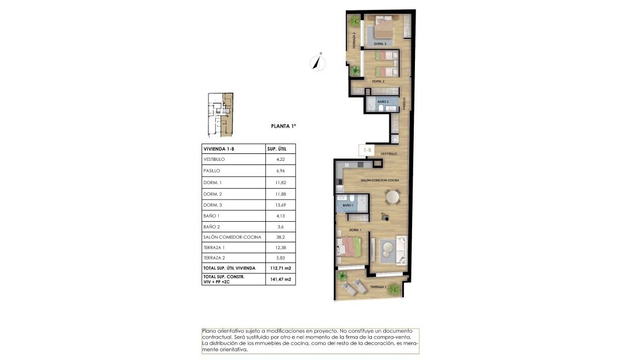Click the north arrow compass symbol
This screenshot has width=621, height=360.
pyautogui.click(x=317, y=61)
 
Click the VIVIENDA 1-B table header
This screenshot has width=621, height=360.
pyautogui.click(x=218, y=148)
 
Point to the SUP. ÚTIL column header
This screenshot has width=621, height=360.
pyautogui.click(x=277, y=148)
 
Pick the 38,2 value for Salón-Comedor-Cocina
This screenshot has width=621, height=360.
pyautogui.click(x=280, y=237)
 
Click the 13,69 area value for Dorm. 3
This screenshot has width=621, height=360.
pyautogui.click(x=280, y=204)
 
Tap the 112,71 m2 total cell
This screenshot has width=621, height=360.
pyautogui.click(x=280, y=268)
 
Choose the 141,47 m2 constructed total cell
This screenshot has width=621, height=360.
pyautogui.click(x=280, y=279)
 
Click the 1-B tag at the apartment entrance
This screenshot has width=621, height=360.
pyautogui.click(x=367, y=150)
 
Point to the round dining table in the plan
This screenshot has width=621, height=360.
pyautogui.click(x=393, y=198)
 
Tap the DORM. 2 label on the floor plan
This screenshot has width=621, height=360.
pyautogui.click(x=378, y=81)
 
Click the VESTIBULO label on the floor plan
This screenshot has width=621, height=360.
pyautogui.click(x=388, y=154)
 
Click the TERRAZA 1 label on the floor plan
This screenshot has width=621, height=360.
pyautogui.click(x=378, y=287)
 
